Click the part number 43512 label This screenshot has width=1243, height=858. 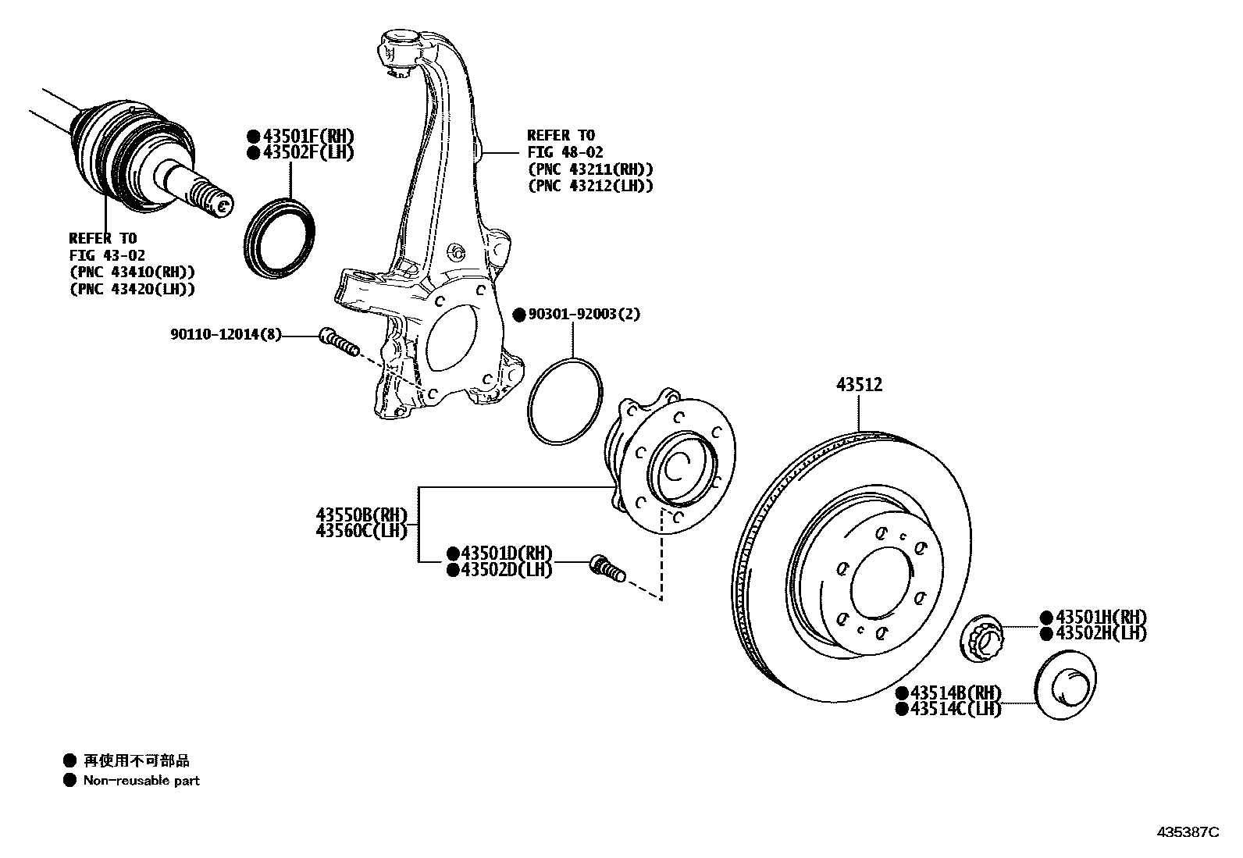tap(859, 384)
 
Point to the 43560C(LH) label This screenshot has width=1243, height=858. tap(362, 531)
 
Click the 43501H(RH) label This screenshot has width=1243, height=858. tap(1101, 618)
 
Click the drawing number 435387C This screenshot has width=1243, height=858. tap(1187, 832)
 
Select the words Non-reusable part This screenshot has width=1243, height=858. tap(141, 780)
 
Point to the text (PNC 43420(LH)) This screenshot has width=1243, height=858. tap(132, 289)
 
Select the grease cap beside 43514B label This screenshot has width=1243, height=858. tap(1065, 688)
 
